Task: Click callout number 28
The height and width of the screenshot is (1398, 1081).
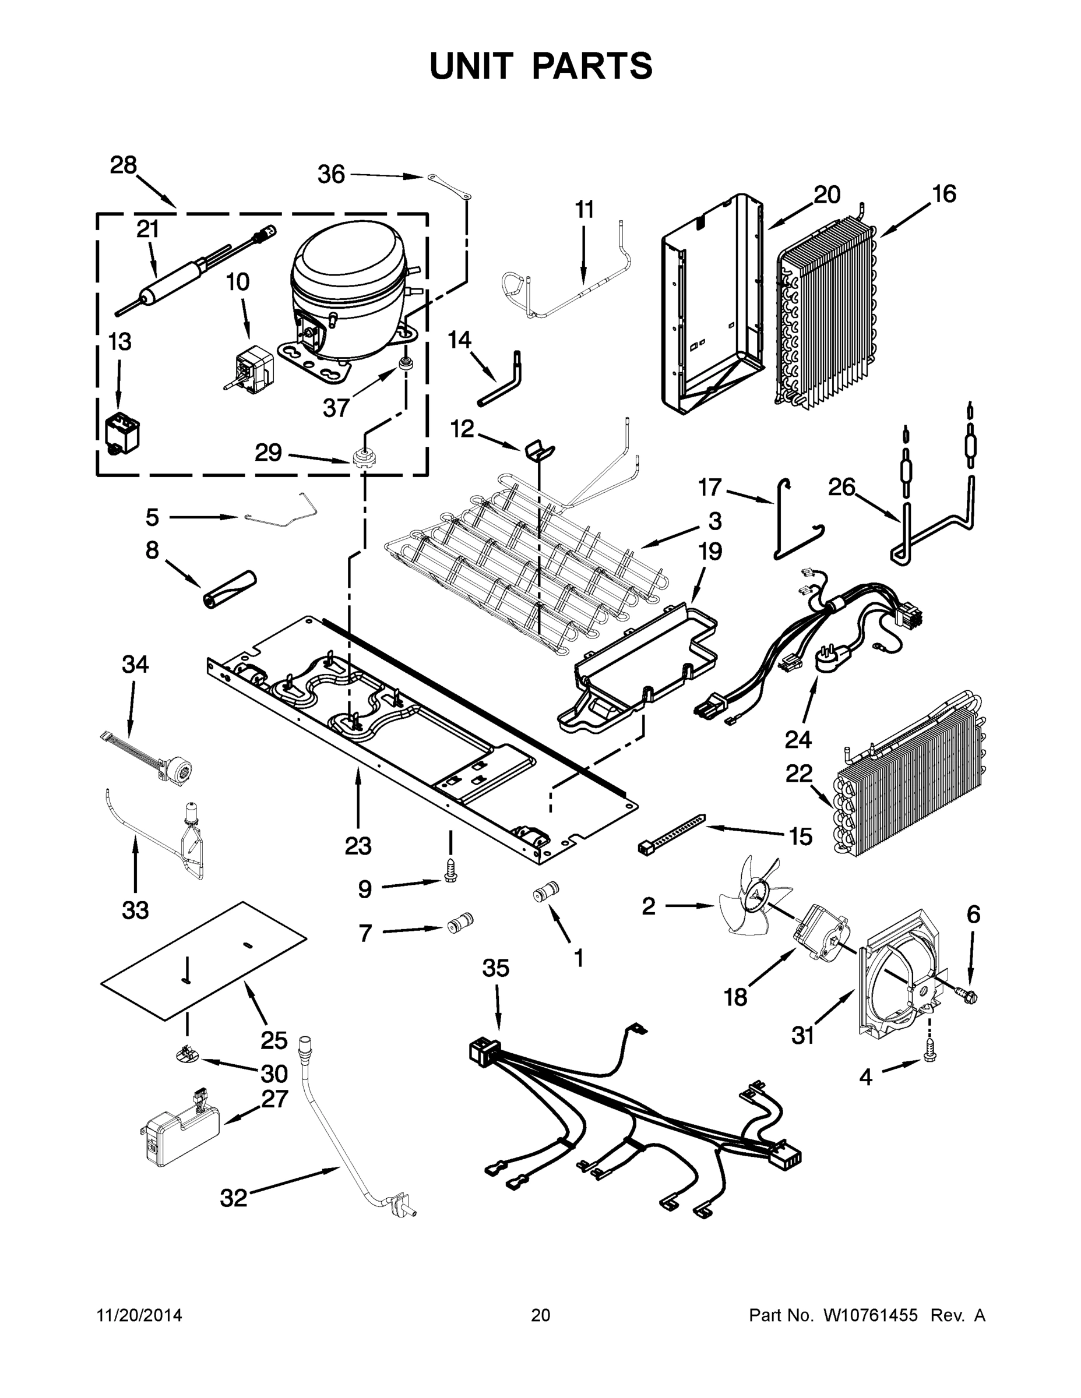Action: (123, 166)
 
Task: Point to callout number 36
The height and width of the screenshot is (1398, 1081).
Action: (331, 174)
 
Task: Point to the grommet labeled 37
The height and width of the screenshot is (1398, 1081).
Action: (406, 365)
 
